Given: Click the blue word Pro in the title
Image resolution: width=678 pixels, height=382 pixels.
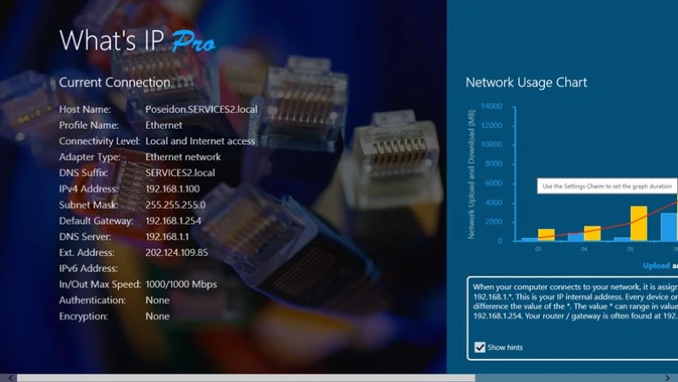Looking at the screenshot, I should (x=193, y=41).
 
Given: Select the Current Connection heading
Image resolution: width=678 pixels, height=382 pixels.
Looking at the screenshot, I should (x=114, y=83).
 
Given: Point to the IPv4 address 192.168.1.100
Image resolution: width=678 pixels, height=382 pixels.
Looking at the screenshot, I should (x=172, y=189).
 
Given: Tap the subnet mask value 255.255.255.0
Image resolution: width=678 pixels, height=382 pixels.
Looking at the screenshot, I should (x=175, y=205).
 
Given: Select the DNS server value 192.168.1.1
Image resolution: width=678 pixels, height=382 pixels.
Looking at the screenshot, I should (x=166, y=237).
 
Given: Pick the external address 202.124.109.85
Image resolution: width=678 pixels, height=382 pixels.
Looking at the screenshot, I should (x=177, y=253).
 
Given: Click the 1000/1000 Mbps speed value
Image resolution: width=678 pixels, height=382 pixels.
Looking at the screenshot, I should (x=181, y=285).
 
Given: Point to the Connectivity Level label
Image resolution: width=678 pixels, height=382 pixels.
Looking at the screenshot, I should (x=99, y=141).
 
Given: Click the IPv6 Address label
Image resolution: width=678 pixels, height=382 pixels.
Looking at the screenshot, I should (x=88, y=269).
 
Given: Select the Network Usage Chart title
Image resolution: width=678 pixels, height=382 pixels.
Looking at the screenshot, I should (x=526, y=83).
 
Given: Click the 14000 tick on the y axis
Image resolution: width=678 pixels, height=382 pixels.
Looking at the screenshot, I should (x=491, y=107).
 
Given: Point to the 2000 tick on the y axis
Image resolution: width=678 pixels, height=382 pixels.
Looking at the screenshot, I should (x=494, y=222).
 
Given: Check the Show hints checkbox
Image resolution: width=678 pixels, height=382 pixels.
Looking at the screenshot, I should (x=480, y=347).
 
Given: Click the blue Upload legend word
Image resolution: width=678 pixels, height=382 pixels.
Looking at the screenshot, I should (x=657, y=266).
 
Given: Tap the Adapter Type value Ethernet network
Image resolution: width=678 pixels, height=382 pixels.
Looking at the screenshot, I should (x=183, y=157).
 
